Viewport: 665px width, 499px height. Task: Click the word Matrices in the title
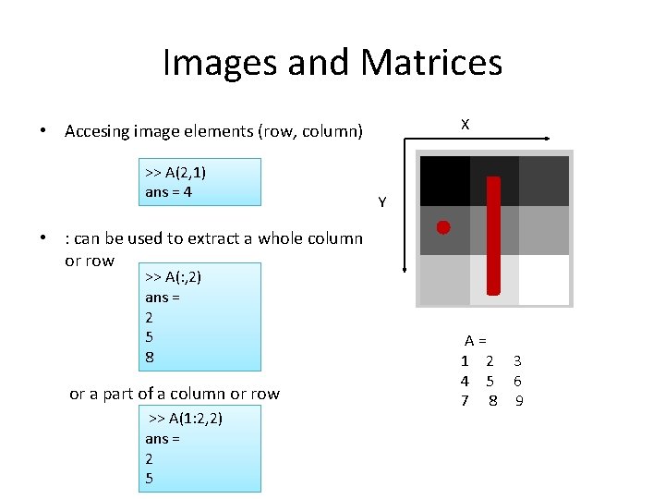[431, 63]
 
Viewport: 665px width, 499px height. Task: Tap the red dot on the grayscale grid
[443, 226]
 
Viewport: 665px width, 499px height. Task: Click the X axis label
[465, 124]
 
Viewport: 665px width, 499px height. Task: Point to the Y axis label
[382, 201]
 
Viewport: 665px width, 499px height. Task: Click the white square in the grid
[543, 279]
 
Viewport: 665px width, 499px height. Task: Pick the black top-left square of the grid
[444, 180]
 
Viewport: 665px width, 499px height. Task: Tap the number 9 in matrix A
[519, 400]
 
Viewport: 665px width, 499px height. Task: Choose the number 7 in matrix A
[465, 400]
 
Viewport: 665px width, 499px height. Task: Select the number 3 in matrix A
[518, 360]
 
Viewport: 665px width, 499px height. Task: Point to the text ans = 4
[168, 192]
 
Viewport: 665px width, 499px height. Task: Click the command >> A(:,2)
[173, 276]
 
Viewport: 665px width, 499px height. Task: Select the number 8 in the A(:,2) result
[150, 357]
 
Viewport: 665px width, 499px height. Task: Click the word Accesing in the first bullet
[97, 131]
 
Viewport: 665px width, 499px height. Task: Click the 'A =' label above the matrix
[476, 341]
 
